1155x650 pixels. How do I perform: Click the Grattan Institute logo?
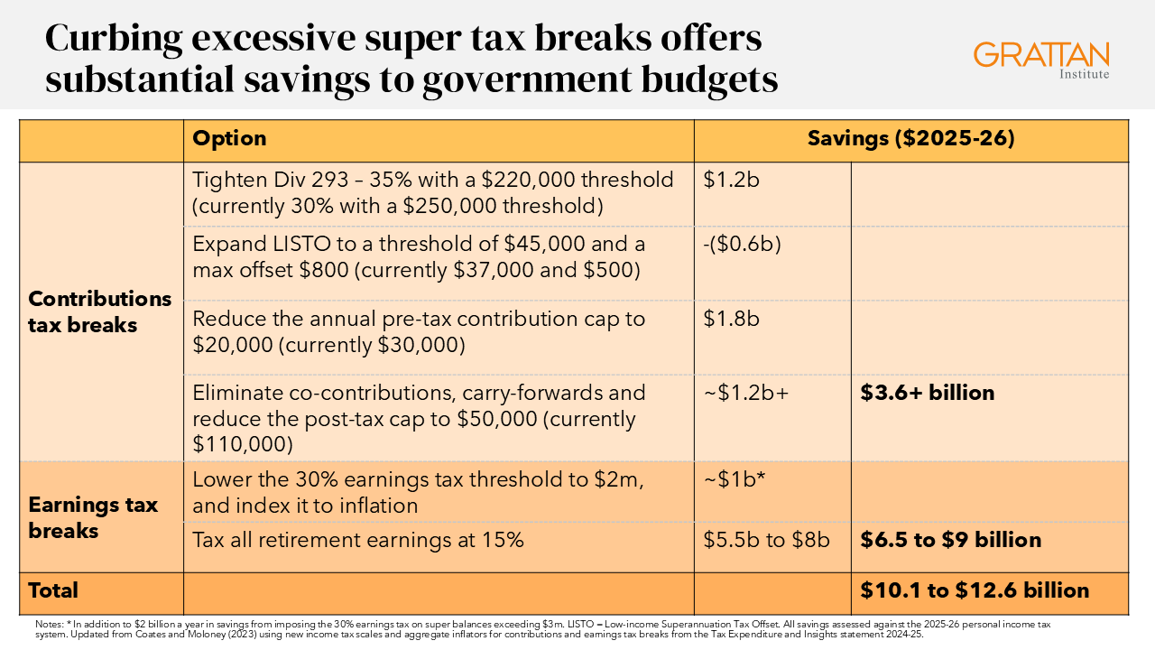[x=1041, y=59]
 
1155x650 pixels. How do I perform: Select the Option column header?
[x=229, y=139]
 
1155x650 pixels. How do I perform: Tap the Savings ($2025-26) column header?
[x=910, y=139]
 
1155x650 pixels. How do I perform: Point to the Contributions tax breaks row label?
[x=99, y=311]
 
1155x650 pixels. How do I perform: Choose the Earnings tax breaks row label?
[x=93, y=517]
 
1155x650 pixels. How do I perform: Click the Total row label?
[x=53, y=590]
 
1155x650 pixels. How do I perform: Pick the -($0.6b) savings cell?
[x=742, y=244]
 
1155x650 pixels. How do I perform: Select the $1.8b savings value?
[x=732, y=319]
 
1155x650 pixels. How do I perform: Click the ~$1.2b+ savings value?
[x=746, y=393]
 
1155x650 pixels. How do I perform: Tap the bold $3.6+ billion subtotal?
[x=927, y=393]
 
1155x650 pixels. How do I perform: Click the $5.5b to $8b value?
[x=766, y=540]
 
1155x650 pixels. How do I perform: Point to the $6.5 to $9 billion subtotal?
[x=950, y=540]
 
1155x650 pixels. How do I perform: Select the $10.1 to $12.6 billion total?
[x=975, y=590]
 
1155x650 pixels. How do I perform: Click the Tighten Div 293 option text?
[x=433, y=192]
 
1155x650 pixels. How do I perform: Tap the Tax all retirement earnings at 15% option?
[x=357, y=540]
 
